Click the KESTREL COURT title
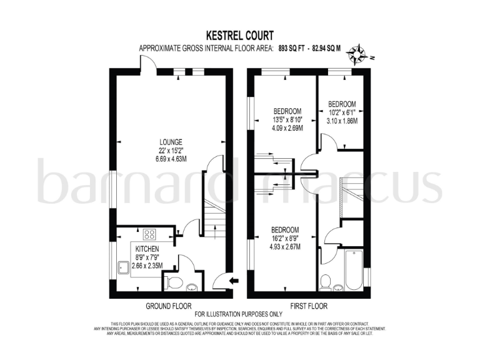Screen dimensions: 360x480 click(239, 36)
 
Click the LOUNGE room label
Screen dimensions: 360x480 click(169, 141)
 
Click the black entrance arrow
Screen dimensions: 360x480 click(234, 281)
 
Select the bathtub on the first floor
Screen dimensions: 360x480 click(354, 270)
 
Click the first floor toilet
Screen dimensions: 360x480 click(325, 284)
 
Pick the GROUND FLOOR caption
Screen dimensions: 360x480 click(168, 306)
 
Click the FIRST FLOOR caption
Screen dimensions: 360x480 click(309, 306)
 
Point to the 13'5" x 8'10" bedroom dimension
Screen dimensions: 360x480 click(287, 120)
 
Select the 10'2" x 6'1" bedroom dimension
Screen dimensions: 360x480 click(342, 112)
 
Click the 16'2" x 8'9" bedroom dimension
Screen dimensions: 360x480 click(284, 238)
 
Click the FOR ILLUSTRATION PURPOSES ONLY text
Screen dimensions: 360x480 click(239, 314)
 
